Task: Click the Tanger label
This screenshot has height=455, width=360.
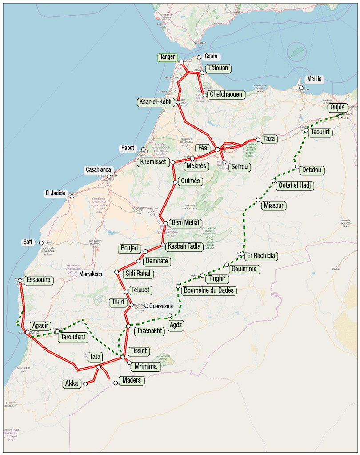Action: pyautogui.click(x=168, y=57)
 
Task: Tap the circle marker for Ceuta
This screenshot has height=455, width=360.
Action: pyautogui.click(x=200, y=57)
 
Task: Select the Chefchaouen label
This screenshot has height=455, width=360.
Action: pyautogui.click(x=226, y=94)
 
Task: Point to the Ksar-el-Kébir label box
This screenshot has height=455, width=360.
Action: pyautogui.click(x=156, y=102)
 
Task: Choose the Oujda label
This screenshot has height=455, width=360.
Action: pyautogui.click(x=337, y=108)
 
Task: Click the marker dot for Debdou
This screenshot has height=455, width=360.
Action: pyautogui.click(x=297, y=167)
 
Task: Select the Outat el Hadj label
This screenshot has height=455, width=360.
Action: pyautogui.click(x=294, y=185)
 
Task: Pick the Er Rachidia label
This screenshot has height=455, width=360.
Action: pyautogui.click(x=261, y=256)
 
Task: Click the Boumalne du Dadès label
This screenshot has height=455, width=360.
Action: pyautogui.click(x=208, y=290)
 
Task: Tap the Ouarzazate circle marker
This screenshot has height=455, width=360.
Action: pyautogui.click(x=146, y=306)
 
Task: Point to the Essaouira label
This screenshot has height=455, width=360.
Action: pyautogui.click(x=39, y=280)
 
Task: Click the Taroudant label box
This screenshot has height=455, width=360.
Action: pyautogui.click(x=72, y=337)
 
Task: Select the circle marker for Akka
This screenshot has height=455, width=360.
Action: pyautogui.click(x=86, y=383)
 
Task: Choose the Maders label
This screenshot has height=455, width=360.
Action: pyautogui.click(x=131, y=380)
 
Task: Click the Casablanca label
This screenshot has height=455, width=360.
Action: pyautogui.click(x=98, y=170)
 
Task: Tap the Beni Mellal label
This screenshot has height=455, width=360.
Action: pyautogui.click(x=185, y=223)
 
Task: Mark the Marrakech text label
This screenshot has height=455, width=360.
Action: pyautogui.click(x=91, y=274)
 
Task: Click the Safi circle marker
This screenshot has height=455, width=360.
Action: pyautogui.click(x=41, y=243)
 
